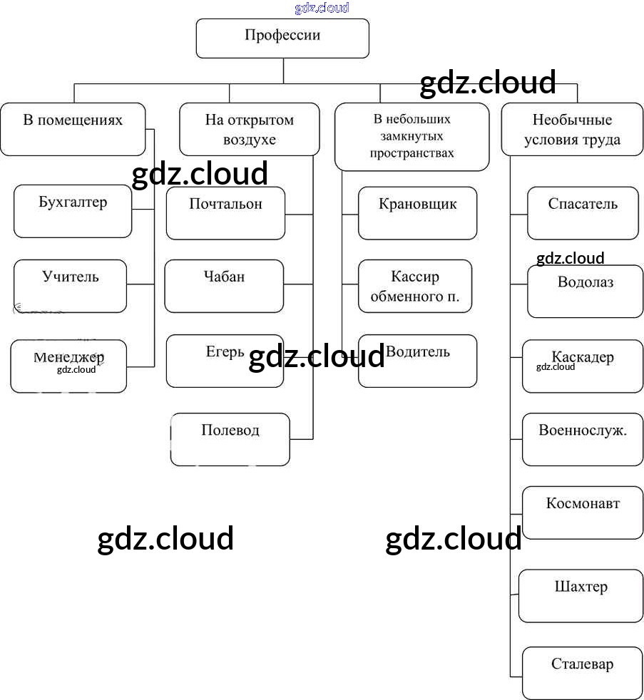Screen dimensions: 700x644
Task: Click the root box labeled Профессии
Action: (282, 38)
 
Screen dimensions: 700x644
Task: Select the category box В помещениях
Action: (73, 129)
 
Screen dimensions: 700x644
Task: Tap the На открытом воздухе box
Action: (249, 129)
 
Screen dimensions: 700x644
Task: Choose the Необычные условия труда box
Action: (572, 129)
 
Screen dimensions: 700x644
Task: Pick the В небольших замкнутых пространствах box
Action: (412, 136)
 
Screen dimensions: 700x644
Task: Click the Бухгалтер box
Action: (73, 211)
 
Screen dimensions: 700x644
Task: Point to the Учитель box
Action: (70, 286)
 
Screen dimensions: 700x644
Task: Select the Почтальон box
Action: (225, 213)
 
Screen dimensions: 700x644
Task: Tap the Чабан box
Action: (224, 286)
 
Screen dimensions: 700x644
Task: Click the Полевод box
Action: (230, 439)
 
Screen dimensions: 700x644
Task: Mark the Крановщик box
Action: (417, 213)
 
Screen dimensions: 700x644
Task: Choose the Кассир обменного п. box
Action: (414, 286)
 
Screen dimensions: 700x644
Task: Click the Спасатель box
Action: (583, 213)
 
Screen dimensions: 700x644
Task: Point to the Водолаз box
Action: (585, 292)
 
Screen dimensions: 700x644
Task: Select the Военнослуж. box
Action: (582, 439)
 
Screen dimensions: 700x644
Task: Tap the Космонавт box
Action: (583, 512)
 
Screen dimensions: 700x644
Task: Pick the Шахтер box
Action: (581, 595)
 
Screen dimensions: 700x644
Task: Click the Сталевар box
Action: (582, 672)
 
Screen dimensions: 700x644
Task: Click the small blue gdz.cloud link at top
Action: (322, 8)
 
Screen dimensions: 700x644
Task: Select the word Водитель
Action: (418, 352)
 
